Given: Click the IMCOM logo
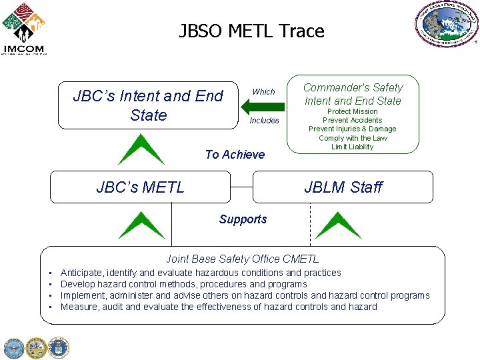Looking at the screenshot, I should point(24,28).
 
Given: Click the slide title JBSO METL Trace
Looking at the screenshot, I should point(251,31).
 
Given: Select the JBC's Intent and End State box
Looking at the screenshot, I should point(147,105).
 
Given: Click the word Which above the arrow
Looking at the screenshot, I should point(263,91).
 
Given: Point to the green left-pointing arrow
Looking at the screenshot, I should point(262,106).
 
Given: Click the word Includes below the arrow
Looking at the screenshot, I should point(264,121).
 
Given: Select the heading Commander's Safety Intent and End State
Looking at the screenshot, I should point(353,94).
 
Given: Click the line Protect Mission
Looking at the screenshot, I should point(352,111).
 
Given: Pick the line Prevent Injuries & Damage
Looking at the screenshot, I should point(352,129).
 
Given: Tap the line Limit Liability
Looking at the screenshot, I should point(352,147).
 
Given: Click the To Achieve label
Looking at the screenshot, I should point(235,155).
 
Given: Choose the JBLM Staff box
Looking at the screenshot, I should point(343,187).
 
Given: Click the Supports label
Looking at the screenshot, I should point(243,219).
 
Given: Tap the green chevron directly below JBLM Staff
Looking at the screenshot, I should point(338,225).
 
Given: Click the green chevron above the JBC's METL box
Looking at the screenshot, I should point(141,150).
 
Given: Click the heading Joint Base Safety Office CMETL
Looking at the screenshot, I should point(242,259).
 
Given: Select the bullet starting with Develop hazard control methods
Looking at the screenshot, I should point(183,284).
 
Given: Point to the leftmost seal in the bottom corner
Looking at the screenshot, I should point(13,348).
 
